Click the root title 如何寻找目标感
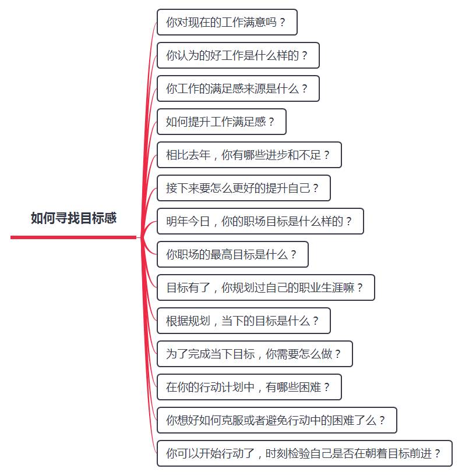tap(73, 218)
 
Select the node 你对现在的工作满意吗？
tap(227, 22)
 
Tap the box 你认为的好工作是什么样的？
tap(238, 55)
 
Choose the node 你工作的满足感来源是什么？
tap(238, 88)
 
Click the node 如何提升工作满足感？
tap(221, 122)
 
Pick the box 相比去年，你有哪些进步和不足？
tap(249, 155)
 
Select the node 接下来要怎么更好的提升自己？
tap(244, 188)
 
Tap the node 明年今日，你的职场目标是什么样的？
tap(260, 221)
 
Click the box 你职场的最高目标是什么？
tap(232, 254)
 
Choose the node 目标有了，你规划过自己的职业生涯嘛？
tap(266, 287)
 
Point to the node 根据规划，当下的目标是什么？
tap(244, 321)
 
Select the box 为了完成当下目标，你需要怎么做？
tap(255, 354)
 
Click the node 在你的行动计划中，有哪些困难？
tap(249, 387)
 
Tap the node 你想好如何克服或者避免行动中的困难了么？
tap(277, 420)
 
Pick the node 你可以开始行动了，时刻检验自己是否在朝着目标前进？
tap(304, 453)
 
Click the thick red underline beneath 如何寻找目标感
tap(73, 237)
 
